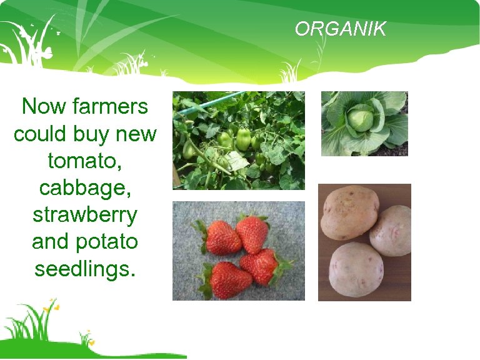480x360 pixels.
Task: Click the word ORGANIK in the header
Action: pos(341,29)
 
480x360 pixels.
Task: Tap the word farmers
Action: pos(110,106)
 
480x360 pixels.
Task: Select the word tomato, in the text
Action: pos(84,161)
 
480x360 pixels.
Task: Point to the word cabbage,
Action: pos(84,188)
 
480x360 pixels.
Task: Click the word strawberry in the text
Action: pos(84,214)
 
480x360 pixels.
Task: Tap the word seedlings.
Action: pos(84,269)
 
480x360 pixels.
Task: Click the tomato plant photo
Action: pos(239,140)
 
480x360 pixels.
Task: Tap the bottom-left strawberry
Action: pos(230,280)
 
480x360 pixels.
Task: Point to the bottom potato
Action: pos(356,269)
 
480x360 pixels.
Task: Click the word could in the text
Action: pos(40,134)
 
